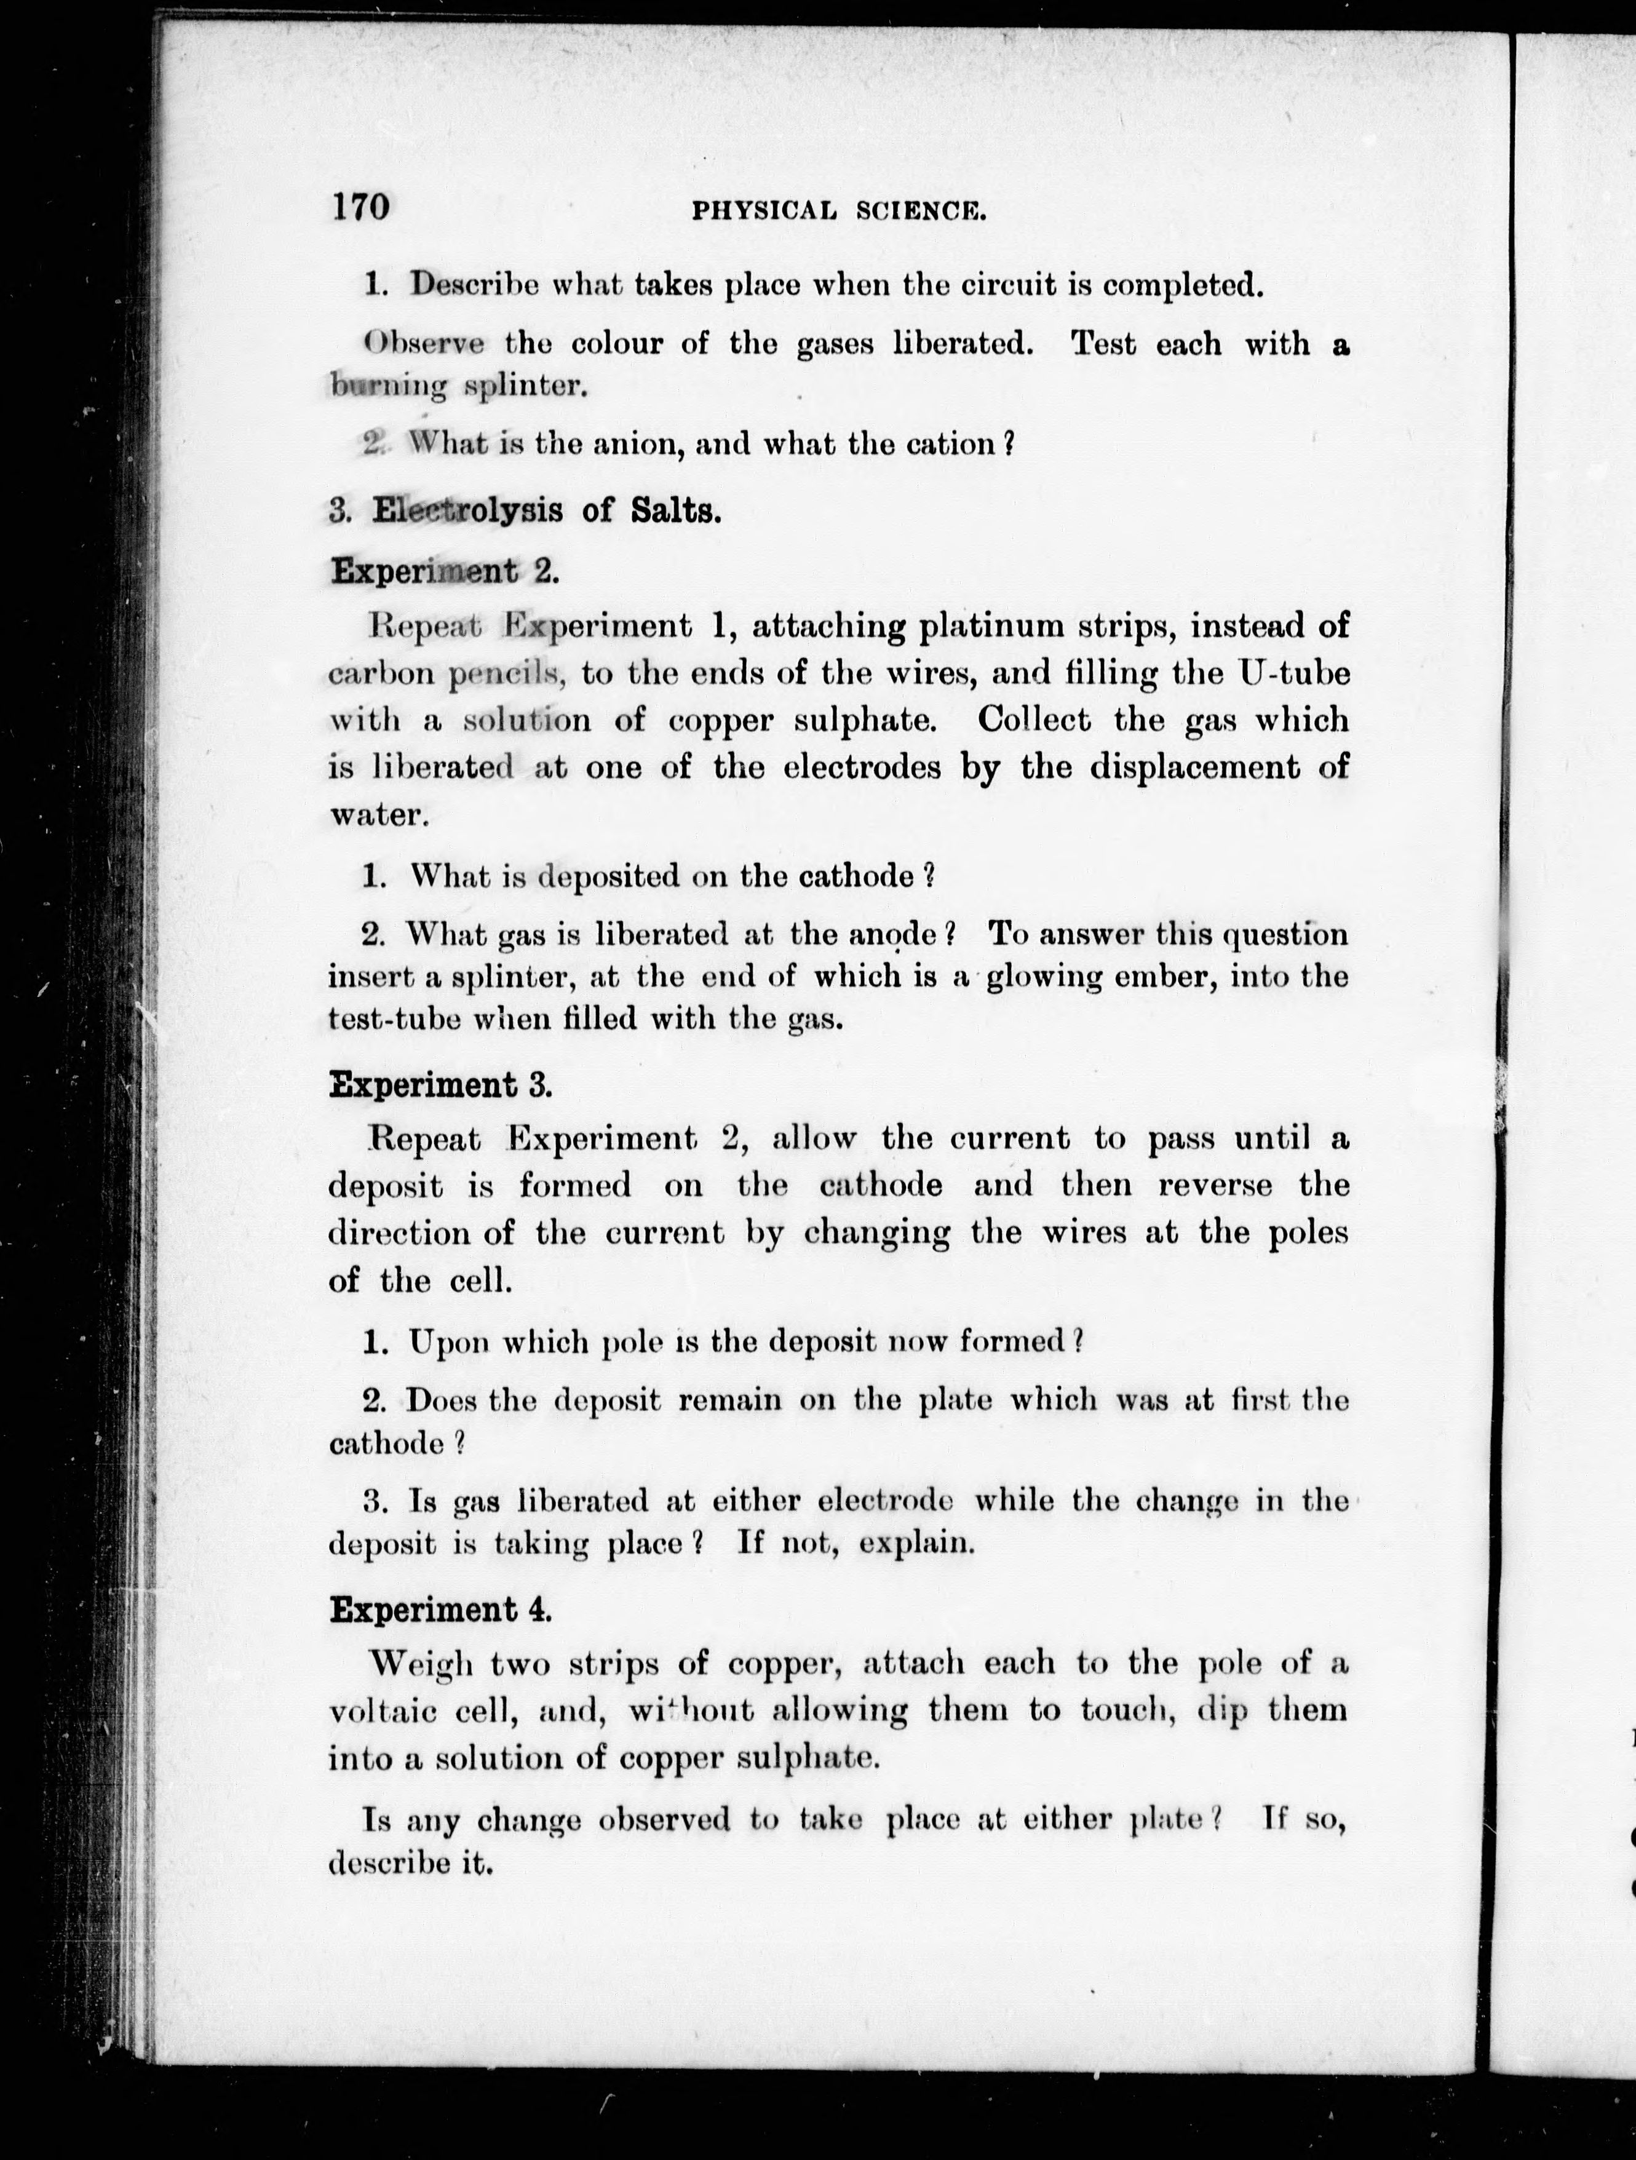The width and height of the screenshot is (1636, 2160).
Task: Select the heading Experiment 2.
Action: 445,571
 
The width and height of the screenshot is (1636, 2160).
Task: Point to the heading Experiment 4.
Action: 440,1610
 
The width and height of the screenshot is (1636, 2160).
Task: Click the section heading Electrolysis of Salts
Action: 547,510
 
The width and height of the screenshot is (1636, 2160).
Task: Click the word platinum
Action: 992,626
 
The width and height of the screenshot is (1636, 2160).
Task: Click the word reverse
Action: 1215,1185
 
